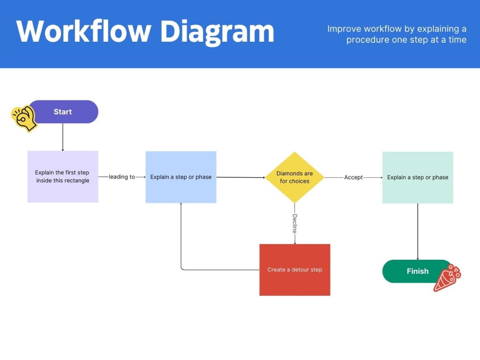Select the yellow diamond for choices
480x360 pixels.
pyautogui.click(x=295, y=177)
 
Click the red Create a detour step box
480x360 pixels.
pyautogui.click(x=295, y=270)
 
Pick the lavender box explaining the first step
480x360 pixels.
pyautogui.click(x=63, y=176)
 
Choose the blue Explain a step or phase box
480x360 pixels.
pyautogui.click(x=181, y=177)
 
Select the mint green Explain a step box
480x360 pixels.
pyautogui.click(x=418, y=177)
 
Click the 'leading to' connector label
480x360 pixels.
pyautogui.click(x=122, y=177)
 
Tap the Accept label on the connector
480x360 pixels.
pyautogui.click(x=353, y=178)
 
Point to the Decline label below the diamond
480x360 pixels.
pyautogui.click(x=295, y=224)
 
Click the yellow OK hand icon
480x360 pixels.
pyautogui.click(x=24, y=118)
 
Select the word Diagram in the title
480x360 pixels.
pyautogui.click(x=217, y=31)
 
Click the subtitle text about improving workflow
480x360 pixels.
pyautogui.click(x=397, y=34)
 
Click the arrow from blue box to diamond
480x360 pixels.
pyautogui.click(x=240, y=177)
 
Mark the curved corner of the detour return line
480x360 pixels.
pyautogui.click(x=182, y=269)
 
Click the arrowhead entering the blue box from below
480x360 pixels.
pyautogui.click(x=181, y=205)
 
